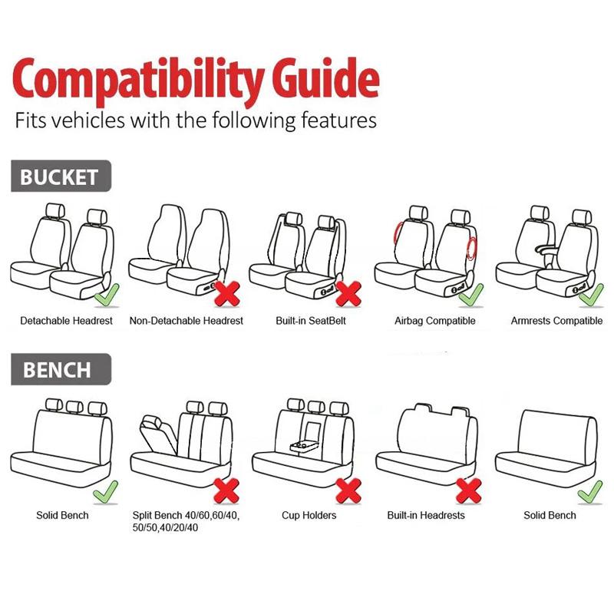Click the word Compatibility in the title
click(x=138, y=81)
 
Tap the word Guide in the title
click(x=325, y=78)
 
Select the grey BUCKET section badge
click(x=61, y=176)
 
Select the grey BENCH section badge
click(x=61, y=369)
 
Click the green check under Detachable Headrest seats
click(x=107, y=296)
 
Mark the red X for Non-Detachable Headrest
click(x=227, y=294)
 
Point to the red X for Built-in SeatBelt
click(x=348, y=294)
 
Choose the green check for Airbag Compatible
click(x=471, y=296)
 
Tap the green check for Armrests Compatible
click(x=591, y=296)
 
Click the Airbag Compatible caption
click(x=435, y=321)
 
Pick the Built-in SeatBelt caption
click(x=311, y=321)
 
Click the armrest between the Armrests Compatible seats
click(x=546, y=249)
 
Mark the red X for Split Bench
click(x=226, y=490)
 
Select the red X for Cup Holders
click(x=348, y=490)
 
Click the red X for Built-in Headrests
click(x=469, y=490)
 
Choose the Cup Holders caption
click(x=309, y=515)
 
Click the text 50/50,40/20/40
click(x=165, y=527)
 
